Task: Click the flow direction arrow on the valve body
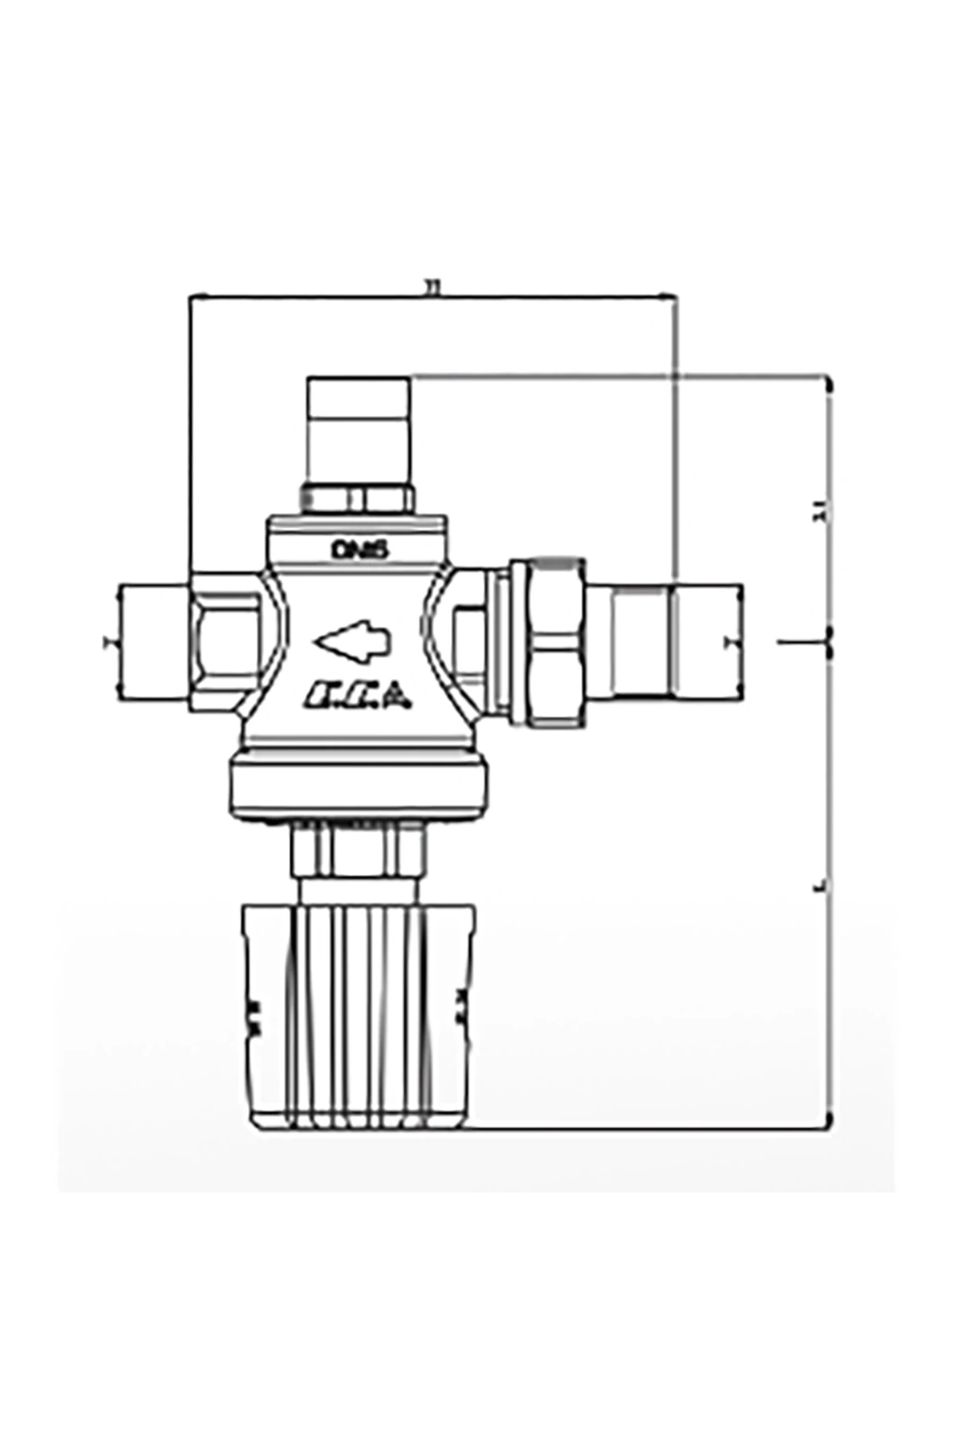click(354, 639)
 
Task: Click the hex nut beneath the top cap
click(358, 499)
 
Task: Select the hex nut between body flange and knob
click(358, 851)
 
